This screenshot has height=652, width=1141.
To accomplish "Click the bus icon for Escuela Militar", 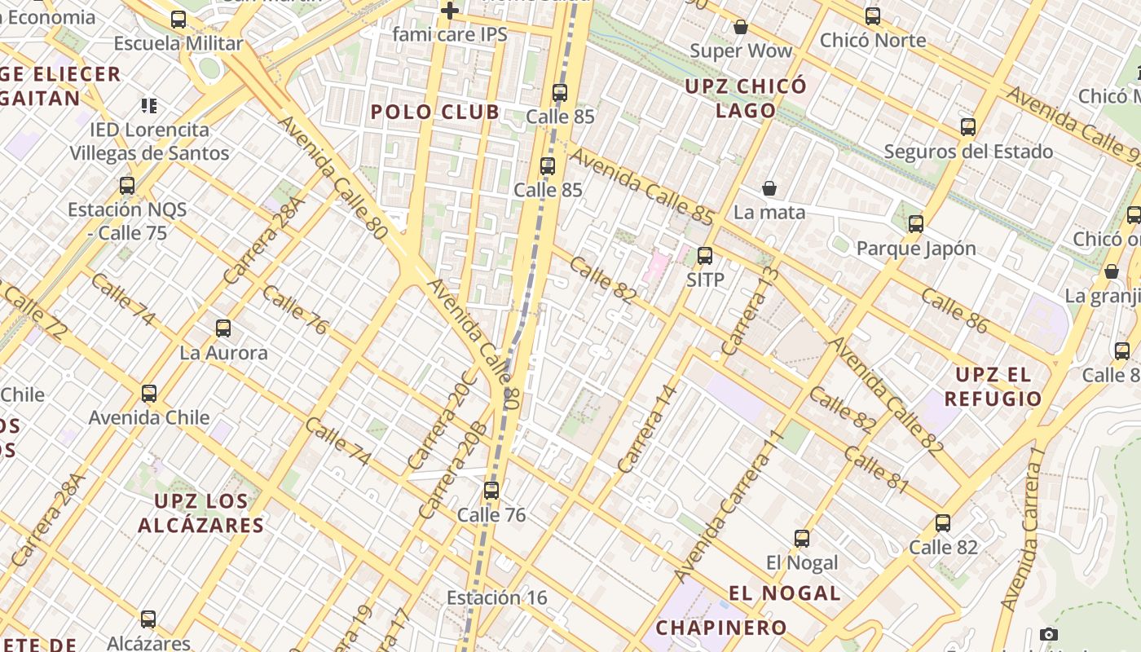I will click(178, 20).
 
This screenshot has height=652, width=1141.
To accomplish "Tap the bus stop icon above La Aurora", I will click(223, 328).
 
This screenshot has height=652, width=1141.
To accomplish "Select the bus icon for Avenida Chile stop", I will click(149, 394).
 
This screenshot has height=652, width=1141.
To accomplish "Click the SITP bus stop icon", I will click(705, 256).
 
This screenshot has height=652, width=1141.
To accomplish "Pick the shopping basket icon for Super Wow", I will click(740, 27).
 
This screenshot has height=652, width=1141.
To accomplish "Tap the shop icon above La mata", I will click(769, 188).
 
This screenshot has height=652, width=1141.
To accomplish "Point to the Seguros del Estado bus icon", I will click(968, 127).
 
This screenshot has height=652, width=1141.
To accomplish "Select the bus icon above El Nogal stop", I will click(802, 539).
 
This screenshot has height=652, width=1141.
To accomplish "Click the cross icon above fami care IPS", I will click(449, 11).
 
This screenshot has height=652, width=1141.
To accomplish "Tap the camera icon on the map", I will click(1049, 634).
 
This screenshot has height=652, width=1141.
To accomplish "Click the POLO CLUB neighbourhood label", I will click(435, 112).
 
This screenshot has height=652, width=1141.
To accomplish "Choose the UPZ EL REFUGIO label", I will click(993, 387).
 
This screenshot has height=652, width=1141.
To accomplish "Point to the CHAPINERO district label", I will click(721, 628).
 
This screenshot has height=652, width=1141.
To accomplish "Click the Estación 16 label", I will click(497, 597).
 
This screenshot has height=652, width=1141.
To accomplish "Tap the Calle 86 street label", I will click(954, 311).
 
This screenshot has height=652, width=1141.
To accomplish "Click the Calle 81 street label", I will click(876, 469).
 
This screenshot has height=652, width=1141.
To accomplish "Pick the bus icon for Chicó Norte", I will click(873, 15).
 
